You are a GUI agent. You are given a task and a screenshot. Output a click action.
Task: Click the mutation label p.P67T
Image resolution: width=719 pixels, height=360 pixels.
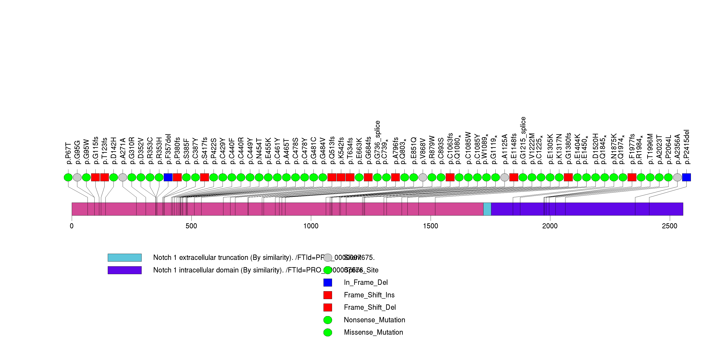click(x=68, y=154)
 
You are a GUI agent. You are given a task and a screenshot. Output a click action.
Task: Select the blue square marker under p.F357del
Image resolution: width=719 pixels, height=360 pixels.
click(x=168, y=177)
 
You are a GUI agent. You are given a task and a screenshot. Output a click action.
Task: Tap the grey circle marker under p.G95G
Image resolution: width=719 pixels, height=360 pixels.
click(x=77, y=177)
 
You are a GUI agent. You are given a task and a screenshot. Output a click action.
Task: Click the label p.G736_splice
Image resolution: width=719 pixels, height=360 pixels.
click(x=377, y=142)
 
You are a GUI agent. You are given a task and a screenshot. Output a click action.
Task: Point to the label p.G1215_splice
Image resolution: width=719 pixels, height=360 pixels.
click(x=523, y=141)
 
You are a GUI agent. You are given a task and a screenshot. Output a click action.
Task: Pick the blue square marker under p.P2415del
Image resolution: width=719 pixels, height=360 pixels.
click(x=686, y=177)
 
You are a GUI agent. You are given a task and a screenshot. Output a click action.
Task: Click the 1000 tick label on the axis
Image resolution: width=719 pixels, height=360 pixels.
click(x=311, y=226)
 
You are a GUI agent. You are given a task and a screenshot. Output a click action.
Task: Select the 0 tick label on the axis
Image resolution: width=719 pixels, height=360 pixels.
click(x=72, y=226)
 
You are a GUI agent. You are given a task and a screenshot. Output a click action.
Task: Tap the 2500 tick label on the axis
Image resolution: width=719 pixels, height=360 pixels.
click(x=669, y=226)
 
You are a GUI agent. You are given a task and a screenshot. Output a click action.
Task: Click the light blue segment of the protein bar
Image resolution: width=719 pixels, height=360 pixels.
click(x=487, y=209)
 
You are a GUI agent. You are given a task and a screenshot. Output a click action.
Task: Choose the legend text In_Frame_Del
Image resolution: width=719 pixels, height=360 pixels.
click(x=366, y=282)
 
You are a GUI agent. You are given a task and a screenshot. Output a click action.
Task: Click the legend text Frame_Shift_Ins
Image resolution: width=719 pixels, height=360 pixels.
click(x=369, y=295)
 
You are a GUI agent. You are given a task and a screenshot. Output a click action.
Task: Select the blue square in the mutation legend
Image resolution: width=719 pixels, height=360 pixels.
click(x=328, y=282)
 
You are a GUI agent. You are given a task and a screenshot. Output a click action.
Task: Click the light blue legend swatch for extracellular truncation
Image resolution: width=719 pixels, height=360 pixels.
click(x=125, y=258)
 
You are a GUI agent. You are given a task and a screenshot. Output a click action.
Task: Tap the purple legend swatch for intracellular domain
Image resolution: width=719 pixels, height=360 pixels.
click(x=125, y=270)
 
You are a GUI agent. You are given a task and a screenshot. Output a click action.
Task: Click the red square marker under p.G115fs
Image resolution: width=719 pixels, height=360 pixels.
click(x=95, y=177)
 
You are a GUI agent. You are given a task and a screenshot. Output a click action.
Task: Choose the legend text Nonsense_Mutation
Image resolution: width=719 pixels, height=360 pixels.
click(x=374, y=320)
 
